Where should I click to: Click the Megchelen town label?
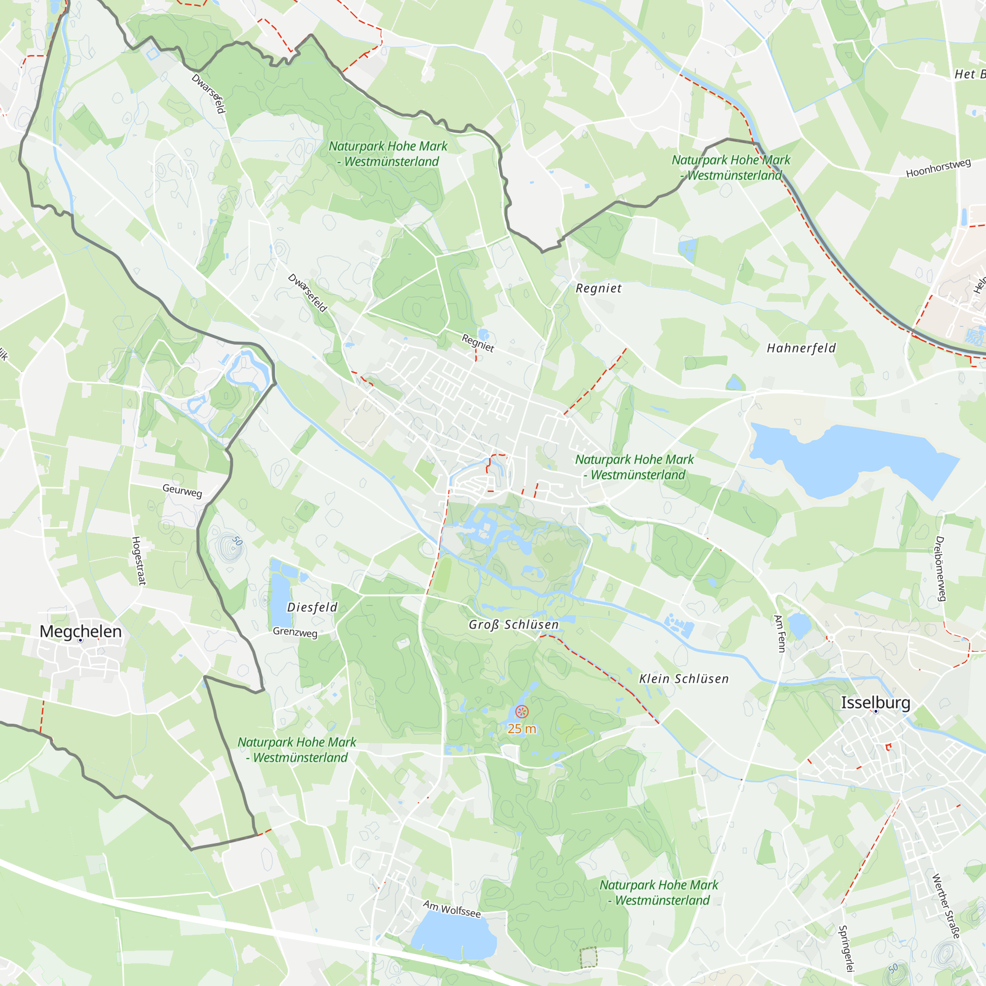click(x=81, y=632)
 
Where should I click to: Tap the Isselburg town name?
click(x=875, y=702)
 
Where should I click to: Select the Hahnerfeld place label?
click(x=801, y=348)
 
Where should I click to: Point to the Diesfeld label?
click(x=313, y=607)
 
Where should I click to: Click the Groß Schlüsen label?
click(x=513, y=624)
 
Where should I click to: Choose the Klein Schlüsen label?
click(x=684, y=678)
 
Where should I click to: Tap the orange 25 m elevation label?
click(x=522, y=729)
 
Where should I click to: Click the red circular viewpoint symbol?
click(x=522, y=711)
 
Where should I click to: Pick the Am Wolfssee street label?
click(x=452, y=909)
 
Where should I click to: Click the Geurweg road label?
click(x=182, y=491)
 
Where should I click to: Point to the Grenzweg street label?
click(x=295, y=632)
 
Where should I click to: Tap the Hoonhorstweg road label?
click(x=938, y=169)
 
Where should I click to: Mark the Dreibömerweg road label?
click(x=941, y=568)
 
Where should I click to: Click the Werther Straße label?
click(x=946, y=906)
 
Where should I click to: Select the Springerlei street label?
click(x=846, y=948)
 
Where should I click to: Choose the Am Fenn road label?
click(x=779, y=634)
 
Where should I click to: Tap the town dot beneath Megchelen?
click(x=80, y=640)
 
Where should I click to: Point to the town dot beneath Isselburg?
click(x=876, y=711)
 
